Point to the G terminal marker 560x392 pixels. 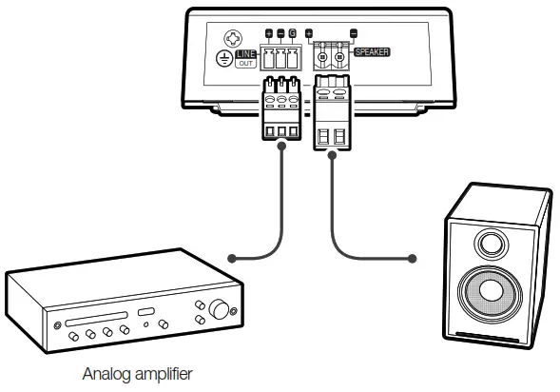pyautogui.click(x=293, y=35)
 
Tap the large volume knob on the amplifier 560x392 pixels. pyautogui.click(x=222, y=309)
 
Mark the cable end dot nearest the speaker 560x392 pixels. pyautogui.click(x=412, y=257)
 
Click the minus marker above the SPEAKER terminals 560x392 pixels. pyautogui.click(x=355, y=35)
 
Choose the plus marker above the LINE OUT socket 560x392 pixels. pyautogui.click(x=269, y=35)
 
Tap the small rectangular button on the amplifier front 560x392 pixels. pyautogui.click(x=145, y=312)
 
